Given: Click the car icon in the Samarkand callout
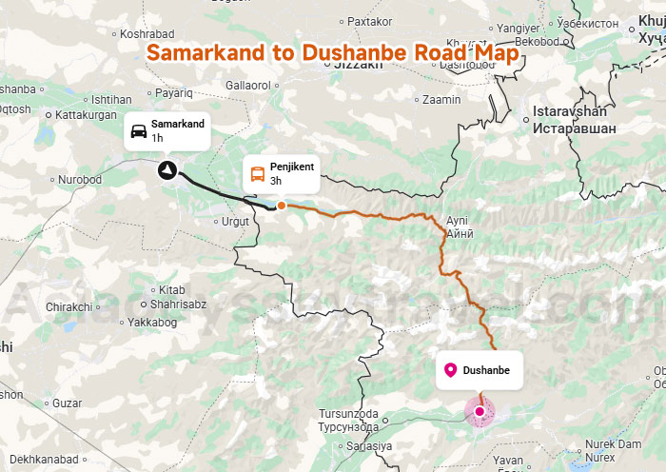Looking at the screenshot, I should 138,130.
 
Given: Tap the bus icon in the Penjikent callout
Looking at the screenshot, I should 257,173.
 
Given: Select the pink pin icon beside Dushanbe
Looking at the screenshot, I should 450,369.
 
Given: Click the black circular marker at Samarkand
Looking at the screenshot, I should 167,170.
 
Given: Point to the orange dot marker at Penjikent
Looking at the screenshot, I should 282,205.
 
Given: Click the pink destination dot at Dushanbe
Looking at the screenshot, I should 480,411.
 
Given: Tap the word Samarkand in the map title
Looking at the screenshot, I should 206,52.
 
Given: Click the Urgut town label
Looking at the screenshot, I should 234,221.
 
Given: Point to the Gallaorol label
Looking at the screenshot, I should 247,86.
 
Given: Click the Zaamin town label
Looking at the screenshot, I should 441,99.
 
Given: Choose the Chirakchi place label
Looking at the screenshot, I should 69,306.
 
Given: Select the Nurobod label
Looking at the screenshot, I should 80,179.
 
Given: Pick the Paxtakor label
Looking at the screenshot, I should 370,20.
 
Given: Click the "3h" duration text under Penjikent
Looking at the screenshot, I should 276,181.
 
